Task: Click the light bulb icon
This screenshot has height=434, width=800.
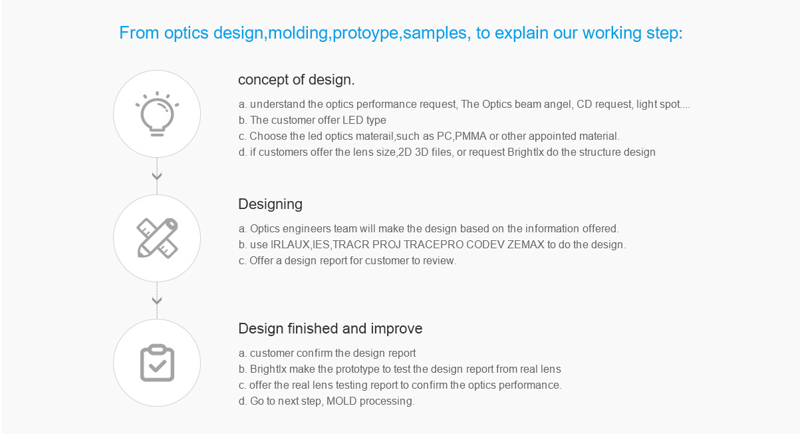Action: (x=157, y=114)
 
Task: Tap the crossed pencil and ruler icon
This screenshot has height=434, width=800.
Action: (x=157, y=238)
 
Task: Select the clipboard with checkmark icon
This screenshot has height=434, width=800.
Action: (x=157, y=363)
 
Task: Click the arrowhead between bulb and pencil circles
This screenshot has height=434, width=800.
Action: (x=157, y=176)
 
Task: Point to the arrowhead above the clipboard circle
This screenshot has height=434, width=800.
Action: (x=157, y=300)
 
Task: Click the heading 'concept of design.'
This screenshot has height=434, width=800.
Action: (x=297, y=79)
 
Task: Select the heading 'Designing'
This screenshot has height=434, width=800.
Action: (x=271, y=204)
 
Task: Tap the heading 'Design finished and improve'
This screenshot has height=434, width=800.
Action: (x=331, y=329)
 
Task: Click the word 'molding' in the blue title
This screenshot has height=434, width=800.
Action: (x=298, y=33)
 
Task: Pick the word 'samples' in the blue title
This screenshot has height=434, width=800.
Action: (x=435, y=33)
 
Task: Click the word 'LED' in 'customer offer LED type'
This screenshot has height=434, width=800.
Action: (x=352, y=120)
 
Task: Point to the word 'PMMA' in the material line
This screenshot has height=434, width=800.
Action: (x=471, y=136)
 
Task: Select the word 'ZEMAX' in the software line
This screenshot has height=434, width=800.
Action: (x=526, y=244)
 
